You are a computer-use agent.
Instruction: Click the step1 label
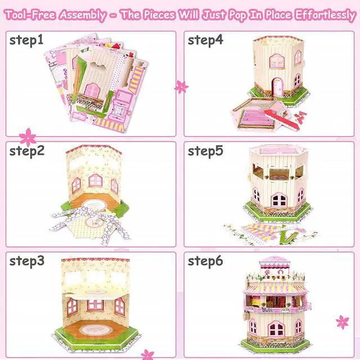pos(26,40)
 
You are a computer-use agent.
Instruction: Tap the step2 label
pos(27,151)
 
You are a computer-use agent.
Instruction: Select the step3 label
pos(27,262)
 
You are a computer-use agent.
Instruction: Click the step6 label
pos(206,262)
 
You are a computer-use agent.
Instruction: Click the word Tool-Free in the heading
pos(28,15)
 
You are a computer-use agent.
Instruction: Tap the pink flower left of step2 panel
pos(26,137)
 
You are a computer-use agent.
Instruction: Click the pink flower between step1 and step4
pos(181,87)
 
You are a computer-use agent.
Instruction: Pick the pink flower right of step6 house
pos(342,322)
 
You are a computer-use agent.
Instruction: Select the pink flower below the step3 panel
pos(148,355)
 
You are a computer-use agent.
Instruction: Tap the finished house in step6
pos(274,307)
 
